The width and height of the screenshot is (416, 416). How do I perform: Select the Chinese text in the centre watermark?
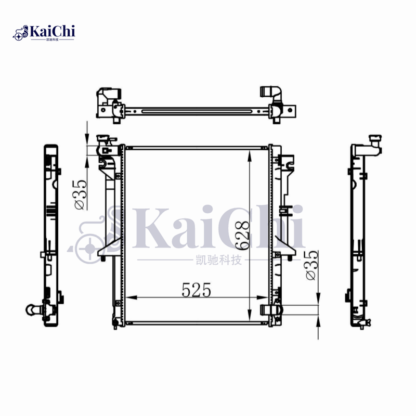click(x=216, y=259)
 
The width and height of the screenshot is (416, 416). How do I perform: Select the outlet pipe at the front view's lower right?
click(x=270, y=310)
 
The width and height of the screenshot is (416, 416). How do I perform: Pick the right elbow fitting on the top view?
click(x=271, y=94)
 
